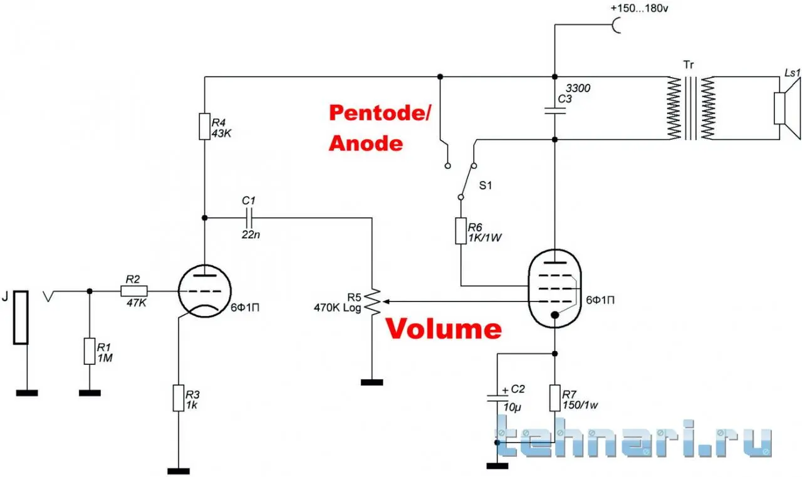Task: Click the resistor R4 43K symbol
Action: pyautogui.click(x=205, y=126)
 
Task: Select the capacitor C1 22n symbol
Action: pyautogui.click(x=249, y=218)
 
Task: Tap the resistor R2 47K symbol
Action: pyautogui.click(x=133, y=291)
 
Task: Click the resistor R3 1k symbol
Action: pyautogui.click(x=179, y=398)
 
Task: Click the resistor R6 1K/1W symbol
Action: pyautogui.click(x=461, y=231)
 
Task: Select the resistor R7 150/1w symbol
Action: pyautogui.click(x=555, y=398)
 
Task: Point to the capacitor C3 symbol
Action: pyautogui.click(x=555, y=111)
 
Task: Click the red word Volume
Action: pyautogui.click(x=443, y=328)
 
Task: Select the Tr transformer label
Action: pyautogui.click(x=689, y=65)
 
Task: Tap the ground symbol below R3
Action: pyautogui.click(x=179, y=471)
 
